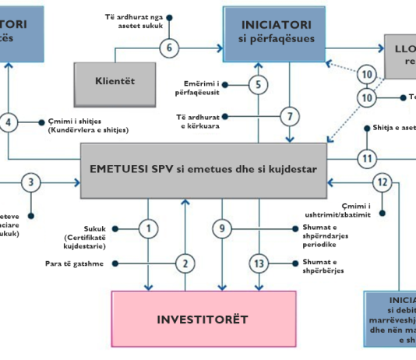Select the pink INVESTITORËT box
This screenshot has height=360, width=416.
(x=203, y=319)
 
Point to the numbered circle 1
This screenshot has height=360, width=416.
(x=147, y=228)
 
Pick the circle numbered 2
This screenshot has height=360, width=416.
(x=185, y=263)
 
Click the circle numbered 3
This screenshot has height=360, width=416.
(x=30, y=183)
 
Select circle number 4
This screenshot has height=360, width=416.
(x=9, y=122)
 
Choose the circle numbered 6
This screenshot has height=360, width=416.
(x=170, y=47)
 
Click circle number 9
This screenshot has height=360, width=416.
(x=223, y=228)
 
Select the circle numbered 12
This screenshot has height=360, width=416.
(x=382, y=183)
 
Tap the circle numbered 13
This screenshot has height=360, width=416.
(x=259, y=263)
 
